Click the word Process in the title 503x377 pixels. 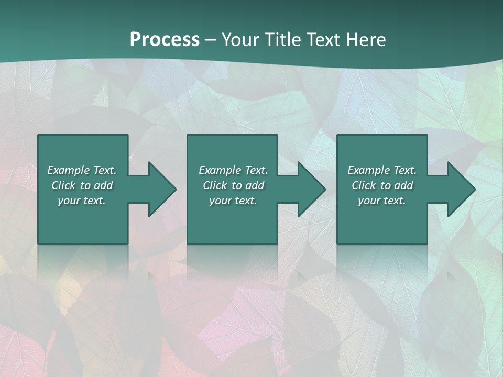[x=165, y=40]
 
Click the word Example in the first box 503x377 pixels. [x=69, y=170]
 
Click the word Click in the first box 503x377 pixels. [x=63, y=185]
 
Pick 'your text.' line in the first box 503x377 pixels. [x=82, y=201]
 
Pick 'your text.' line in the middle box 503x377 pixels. [x=233, y=201]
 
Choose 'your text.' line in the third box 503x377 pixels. [x=382, y=201]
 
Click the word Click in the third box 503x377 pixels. [x=364, y=185]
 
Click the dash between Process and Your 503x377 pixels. [x=210, y=40]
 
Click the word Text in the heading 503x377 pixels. [x=323, y=40]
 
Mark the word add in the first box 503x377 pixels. [x=103, y=185]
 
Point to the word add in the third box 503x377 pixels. [x=403, y=185]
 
